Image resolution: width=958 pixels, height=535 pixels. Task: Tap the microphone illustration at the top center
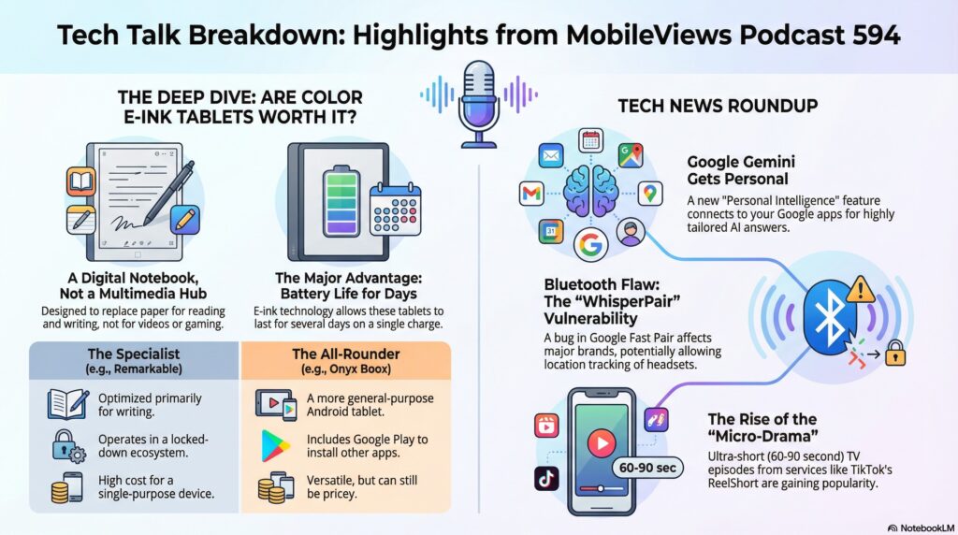click(x=478, y=104)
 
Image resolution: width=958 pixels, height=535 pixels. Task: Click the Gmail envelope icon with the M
click(x=531, y=194)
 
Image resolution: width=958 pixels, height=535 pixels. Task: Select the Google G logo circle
click(x=591, y=244)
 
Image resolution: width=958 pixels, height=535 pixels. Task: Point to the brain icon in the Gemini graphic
click(x=591, y=192)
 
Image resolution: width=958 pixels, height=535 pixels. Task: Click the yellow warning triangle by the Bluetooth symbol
click(x=861, y=290)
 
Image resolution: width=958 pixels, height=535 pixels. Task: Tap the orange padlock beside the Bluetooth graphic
click(x=895, y=353)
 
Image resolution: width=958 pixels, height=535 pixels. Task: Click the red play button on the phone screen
click(x=602, y=442)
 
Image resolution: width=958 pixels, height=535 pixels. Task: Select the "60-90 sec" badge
click(x=647, y=468)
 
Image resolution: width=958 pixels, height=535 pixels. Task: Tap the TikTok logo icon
click(x=546, y=478)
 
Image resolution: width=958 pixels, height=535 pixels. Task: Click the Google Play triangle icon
click(x=275, y=446)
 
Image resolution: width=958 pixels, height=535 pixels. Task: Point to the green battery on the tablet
click(x=341, y=200)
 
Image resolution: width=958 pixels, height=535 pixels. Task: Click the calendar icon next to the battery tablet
click(x=396, y=210)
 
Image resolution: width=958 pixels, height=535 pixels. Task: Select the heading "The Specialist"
click(x=134, y=354)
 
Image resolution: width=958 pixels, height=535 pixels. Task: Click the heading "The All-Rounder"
click(x=346, y=354)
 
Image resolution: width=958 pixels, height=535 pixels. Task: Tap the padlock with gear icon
click(x=67, y=446)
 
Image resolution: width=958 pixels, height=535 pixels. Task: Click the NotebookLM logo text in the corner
click(x=922, y=528)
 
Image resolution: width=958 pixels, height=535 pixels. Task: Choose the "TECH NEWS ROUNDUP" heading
click(x=718, y=106)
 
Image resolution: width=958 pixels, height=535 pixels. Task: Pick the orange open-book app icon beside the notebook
click(x=81, y=181)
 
